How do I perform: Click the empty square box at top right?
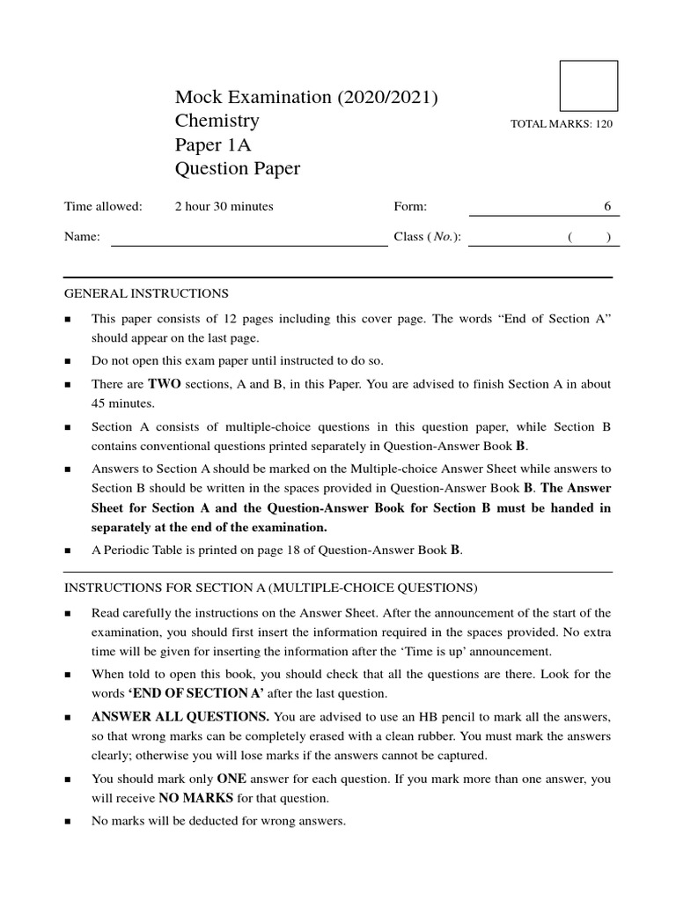[x=589, y=85]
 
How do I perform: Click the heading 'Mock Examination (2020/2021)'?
[x=306, y=98]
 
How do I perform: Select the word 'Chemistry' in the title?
[x=217, y=122]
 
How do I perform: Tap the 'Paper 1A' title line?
[x=213, y=145]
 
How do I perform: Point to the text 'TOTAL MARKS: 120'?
[x=561, y=124]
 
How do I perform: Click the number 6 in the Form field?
[x=606, y=206]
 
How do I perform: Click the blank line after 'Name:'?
[x=248, y=237]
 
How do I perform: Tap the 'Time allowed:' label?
[x=103, y=206]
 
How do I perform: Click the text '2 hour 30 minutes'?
[x=224, y=206]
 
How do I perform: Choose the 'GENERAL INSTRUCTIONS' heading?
[x=146, y=293]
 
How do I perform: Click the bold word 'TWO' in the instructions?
[x=164, y=384]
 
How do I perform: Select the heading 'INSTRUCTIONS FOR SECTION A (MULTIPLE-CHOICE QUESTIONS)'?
[x=270, y=588]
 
